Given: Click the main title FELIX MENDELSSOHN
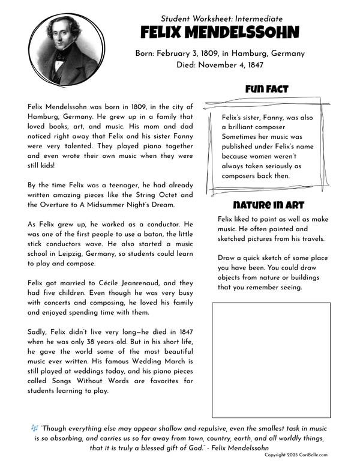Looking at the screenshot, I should coord(220,33).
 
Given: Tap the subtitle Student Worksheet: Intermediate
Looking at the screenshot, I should coord(221,19).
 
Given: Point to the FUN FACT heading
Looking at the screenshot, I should coord(266,89).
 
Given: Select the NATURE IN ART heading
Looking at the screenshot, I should coord(268,204).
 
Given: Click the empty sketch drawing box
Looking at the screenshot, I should coord(271,360).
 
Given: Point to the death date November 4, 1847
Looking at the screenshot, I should coord(234,65).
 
